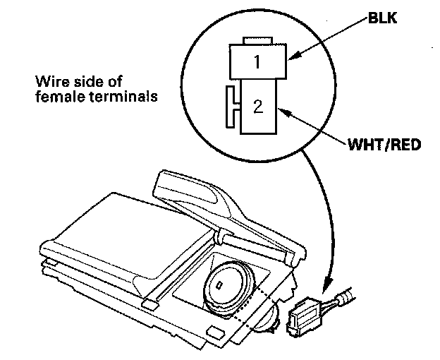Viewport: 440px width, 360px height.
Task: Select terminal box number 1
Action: pos(257,62)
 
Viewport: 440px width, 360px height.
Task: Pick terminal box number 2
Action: pos(259,107)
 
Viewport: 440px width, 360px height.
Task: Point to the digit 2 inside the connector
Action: pos(258,107)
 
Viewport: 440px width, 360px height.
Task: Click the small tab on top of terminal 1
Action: pos(257,40)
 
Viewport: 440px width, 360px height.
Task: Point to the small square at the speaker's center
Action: pos(220,286)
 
